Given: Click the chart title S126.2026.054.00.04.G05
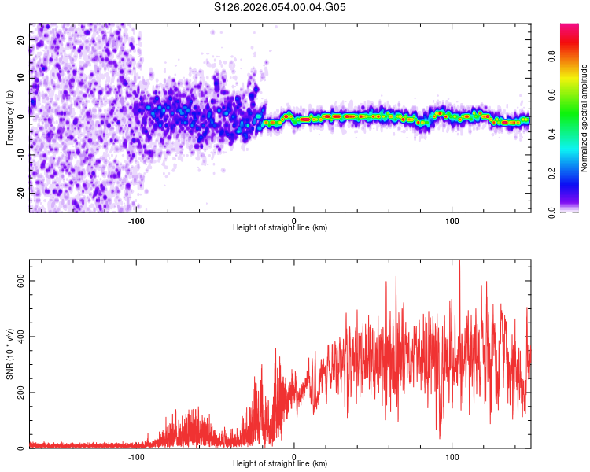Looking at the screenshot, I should (280, 7).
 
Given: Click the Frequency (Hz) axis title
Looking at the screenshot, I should (10, 118).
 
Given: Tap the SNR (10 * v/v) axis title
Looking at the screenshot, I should (10, 354).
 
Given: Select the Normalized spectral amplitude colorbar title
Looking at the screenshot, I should (584, 118).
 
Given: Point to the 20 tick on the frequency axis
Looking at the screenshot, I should (21, 39).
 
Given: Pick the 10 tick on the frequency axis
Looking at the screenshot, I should (21, 77).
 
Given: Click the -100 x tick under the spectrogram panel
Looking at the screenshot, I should (136, 219).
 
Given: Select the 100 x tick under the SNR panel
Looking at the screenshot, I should (452, 455).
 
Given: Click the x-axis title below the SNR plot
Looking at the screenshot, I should (280, 464).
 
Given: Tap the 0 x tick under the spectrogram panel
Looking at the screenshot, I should (294, 219).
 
